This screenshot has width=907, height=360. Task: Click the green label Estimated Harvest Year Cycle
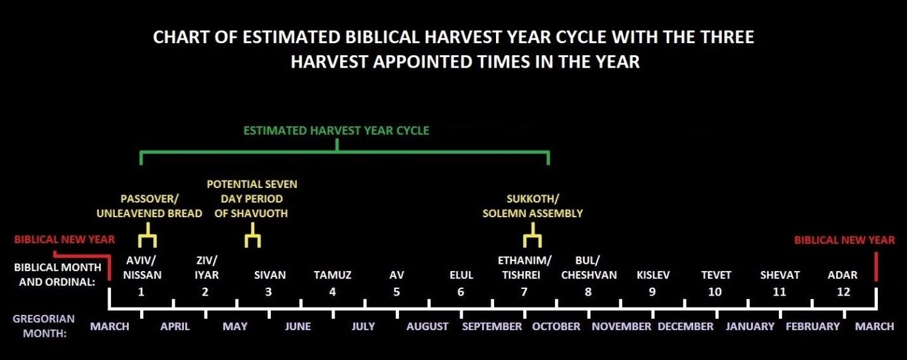point(336,131)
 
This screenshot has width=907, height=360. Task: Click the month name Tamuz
point(333,276)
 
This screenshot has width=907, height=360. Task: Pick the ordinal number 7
point(524,292)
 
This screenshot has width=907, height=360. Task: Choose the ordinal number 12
point(843,292)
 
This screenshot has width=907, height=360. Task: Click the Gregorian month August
point(427,326)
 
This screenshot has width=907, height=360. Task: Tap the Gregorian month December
point(685,326)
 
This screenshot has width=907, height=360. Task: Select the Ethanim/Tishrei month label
point(525,268)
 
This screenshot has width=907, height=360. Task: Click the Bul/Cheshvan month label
point(589,268)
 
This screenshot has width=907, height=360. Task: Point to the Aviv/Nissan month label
point(142,268)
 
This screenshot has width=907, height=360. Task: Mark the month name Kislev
point(653,276)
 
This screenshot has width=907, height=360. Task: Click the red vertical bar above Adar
point(876,266)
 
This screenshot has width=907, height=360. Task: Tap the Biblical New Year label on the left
point(64,239)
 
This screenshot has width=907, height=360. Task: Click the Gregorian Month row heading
point(44,326)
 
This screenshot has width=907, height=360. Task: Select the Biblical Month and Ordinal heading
point(58,274)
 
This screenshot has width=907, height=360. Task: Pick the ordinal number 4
point(333,292)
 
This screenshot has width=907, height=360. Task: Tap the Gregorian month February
point(813,326)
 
